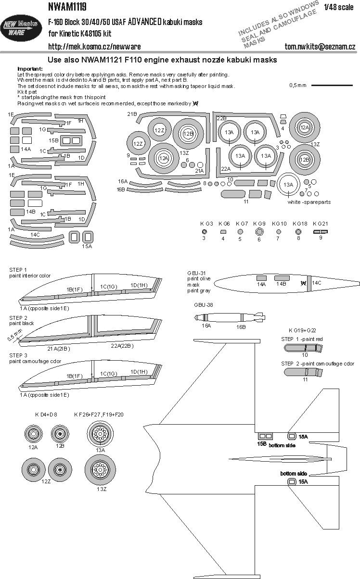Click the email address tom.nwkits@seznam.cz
tap(320, 46)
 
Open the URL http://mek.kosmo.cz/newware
tap(81, 46)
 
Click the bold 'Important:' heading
tap(30, 69)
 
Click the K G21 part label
tap(320, 224)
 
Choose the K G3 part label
tap(206, 224)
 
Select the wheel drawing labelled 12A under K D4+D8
tap(33, 435)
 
